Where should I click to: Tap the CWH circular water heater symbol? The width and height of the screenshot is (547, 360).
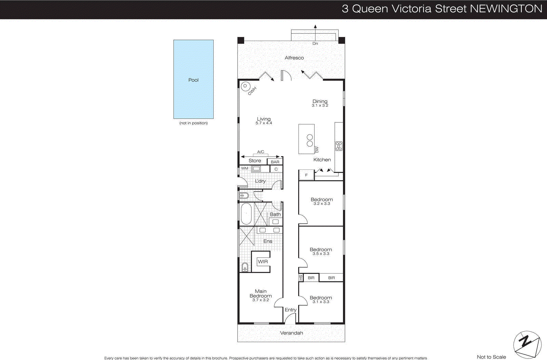point(245,86)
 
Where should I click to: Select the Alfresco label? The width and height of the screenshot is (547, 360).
point(294,58)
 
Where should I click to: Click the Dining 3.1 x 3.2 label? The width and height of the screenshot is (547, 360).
point(320,103)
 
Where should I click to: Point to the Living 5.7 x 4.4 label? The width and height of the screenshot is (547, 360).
point(264,121)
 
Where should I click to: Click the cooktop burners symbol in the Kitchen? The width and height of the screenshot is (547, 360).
point(338,146)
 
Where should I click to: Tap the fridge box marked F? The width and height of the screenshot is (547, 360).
point(306,175)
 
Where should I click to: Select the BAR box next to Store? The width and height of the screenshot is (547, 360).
point(275,162)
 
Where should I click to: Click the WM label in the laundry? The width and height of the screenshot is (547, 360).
point(244,168)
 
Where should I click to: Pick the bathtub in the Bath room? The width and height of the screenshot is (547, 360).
point(246,214)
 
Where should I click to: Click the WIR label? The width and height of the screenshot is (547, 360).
point(263,262)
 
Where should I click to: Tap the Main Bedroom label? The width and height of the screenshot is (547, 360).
point(261,294)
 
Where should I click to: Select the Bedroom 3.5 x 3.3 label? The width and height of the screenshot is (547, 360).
point(321,251)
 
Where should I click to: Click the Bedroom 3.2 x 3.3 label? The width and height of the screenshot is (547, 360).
point(321,201)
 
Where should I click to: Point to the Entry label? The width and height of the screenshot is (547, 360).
point(290,310)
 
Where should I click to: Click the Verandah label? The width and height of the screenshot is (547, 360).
point(291,333)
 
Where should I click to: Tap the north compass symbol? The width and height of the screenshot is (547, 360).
point(527,344)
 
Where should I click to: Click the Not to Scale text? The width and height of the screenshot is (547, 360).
point(491,357)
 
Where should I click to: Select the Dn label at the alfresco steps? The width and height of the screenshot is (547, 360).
point(315,43)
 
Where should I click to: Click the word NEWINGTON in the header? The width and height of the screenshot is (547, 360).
point(506,9)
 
